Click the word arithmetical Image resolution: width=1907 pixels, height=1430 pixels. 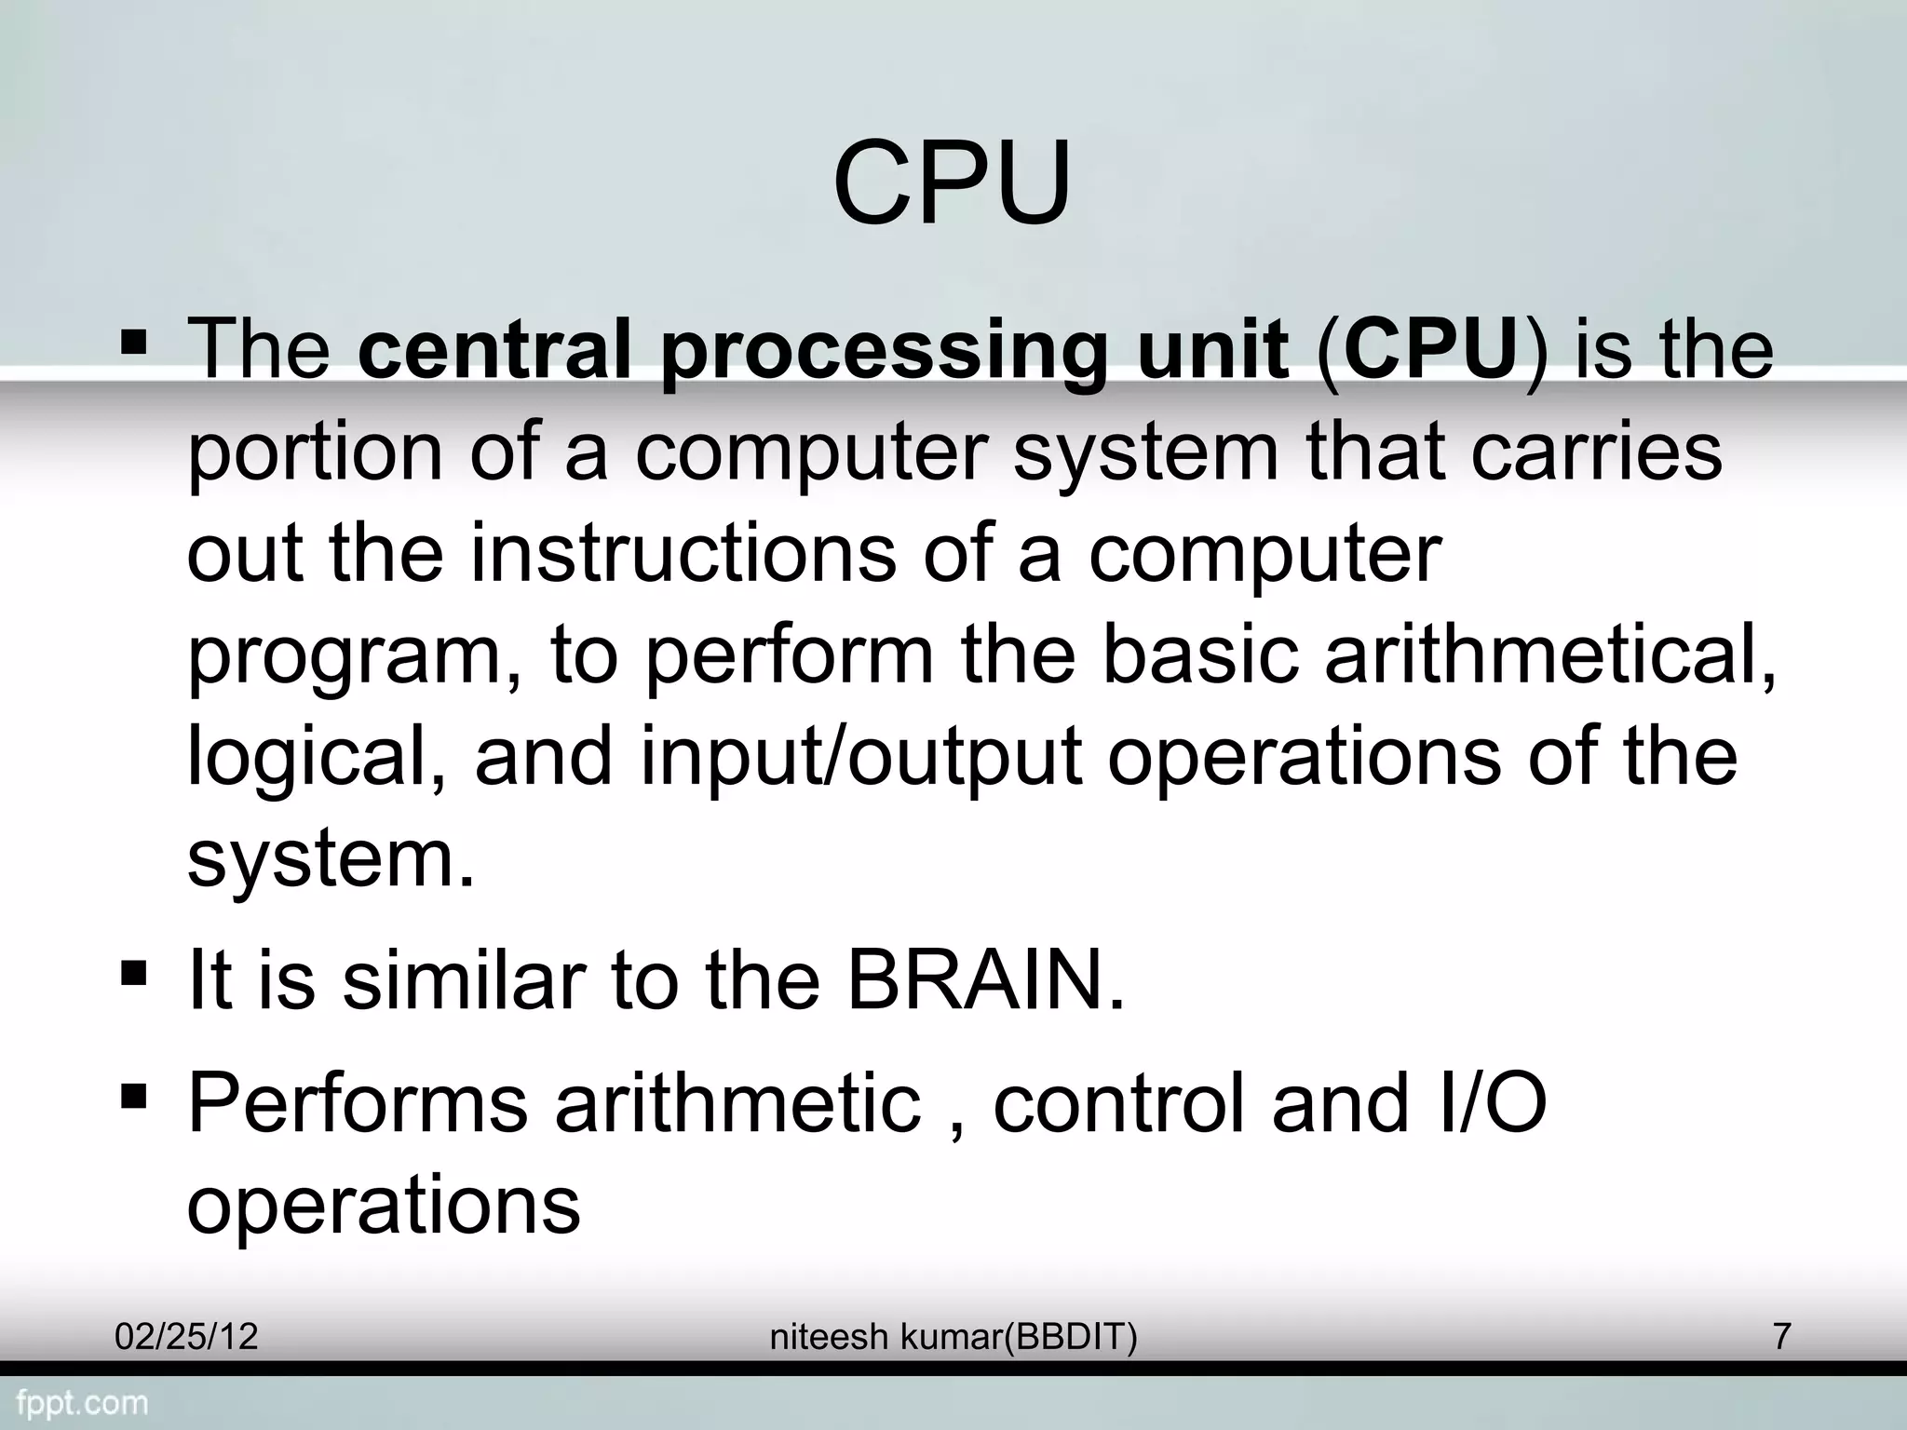click(x=1549, y=655)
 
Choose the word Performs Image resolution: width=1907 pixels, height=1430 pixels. click(x=358, y=1103)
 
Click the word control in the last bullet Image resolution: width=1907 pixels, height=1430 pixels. click(x=1118, y=1103)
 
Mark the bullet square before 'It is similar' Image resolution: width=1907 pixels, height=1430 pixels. click(x=134, y=975)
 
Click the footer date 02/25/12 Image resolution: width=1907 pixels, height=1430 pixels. click(x=186, y=1337)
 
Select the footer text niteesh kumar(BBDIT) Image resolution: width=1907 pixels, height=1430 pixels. click(x=953, y=1337)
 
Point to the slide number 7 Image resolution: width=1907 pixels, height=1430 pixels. click(x=1781, y=1337)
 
